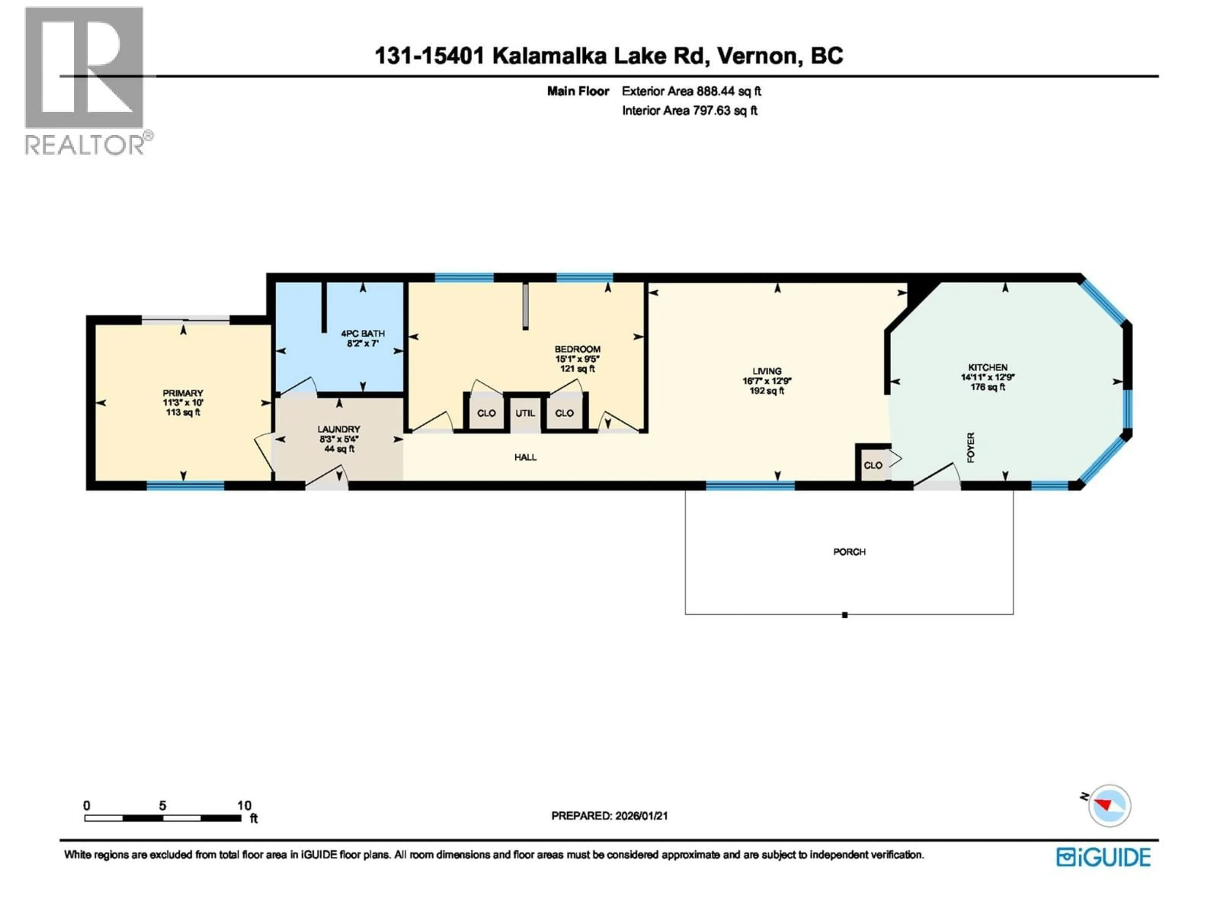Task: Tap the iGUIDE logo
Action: point(1103,857)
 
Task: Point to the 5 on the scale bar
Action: point(163,805)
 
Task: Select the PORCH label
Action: point(849,552)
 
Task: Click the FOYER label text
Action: point(971,447)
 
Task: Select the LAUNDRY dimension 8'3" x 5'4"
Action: point(338,439)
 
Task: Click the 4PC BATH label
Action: point(363,333)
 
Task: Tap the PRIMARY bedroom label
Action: point(183,393)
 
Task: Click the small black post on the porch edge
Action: point(844,615)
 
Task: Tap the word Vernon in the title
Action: point(759,56)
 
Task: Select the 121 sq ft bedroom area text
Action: point(577,368)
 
